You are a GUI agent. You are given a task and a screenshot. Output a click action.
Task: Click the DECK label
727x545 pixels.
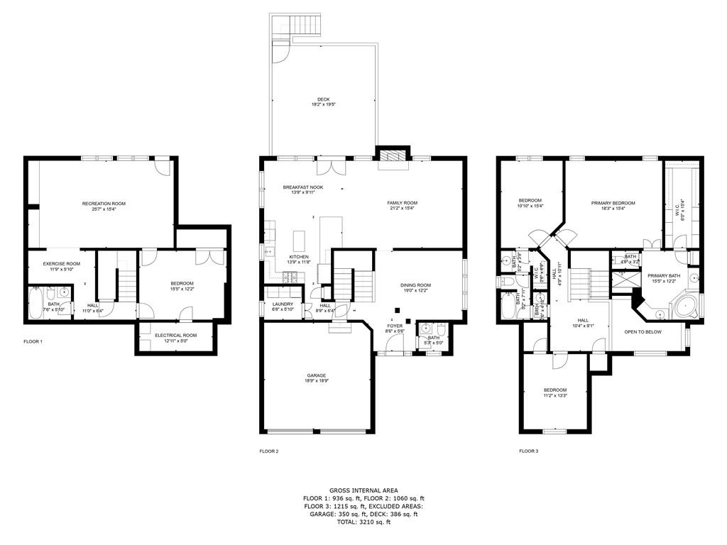[x=323, y=99]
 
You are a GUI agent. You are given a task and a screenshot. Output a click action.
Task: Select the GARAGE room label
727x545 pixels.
[x=317, y=375]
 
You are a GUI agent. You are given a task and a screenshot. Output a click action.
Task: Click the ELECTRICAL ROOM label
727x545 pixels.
[x=175, y=335]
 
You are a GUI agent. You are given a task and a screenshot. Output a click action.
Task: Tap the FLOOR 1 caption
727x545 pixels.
[x=33, y=342]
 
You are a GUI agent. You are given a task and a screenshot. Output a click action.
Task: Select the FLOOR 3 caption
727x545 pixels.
[x=529, y=451]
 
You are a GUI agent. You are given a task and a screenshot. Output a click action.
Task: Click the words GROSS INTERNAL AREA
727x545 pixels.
[x=363, y=490]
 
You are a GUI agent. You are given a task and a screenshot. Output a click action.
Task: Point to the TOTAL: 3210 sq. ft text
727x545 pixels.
[x=363, y=522]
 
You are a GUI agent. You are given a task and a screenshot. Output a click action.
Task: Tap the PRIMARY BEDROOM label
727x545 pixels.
[x=613, y=203]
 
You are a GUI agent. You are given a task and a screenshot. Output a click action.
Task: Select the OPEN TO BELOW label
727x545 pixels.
[x=643, y=331]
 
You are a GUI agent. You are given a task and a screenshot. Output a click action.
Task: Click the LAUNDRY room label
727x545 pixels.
[x=283, y=304]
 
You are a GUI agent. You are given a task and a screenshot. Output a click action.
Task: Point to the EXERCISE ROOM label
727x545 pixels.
[x=61, y=263]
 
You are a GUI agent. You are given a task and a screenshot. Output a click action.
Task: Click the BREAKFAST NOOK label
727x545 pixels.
[x=303, y=187]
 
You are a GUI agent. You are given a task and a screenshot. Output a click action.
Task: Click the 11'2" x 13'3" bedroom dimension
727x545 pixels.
[x=555, y=396]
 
